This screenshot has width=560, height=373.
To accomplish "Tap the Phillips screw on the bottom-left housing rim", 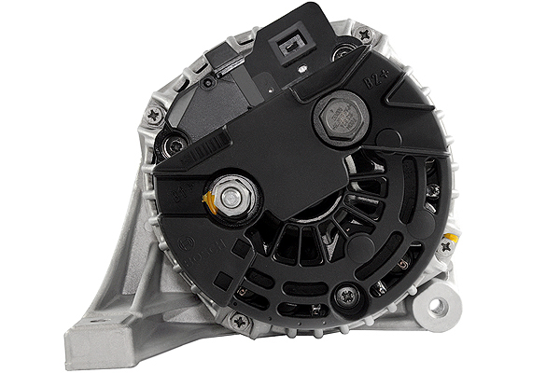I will pyautogui.click(x=240, y=320).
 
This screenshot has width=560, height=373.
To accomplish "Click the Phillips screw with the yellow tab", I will pyautogui.click(x=445, y=246).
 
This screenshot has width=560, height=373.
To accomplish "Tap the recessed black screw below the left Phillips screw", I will pyautogui.click(x=173, y=145).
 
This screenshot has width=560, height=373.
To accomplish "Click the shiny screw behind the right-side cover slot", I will pyautogui.click(x=432, y=189).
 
